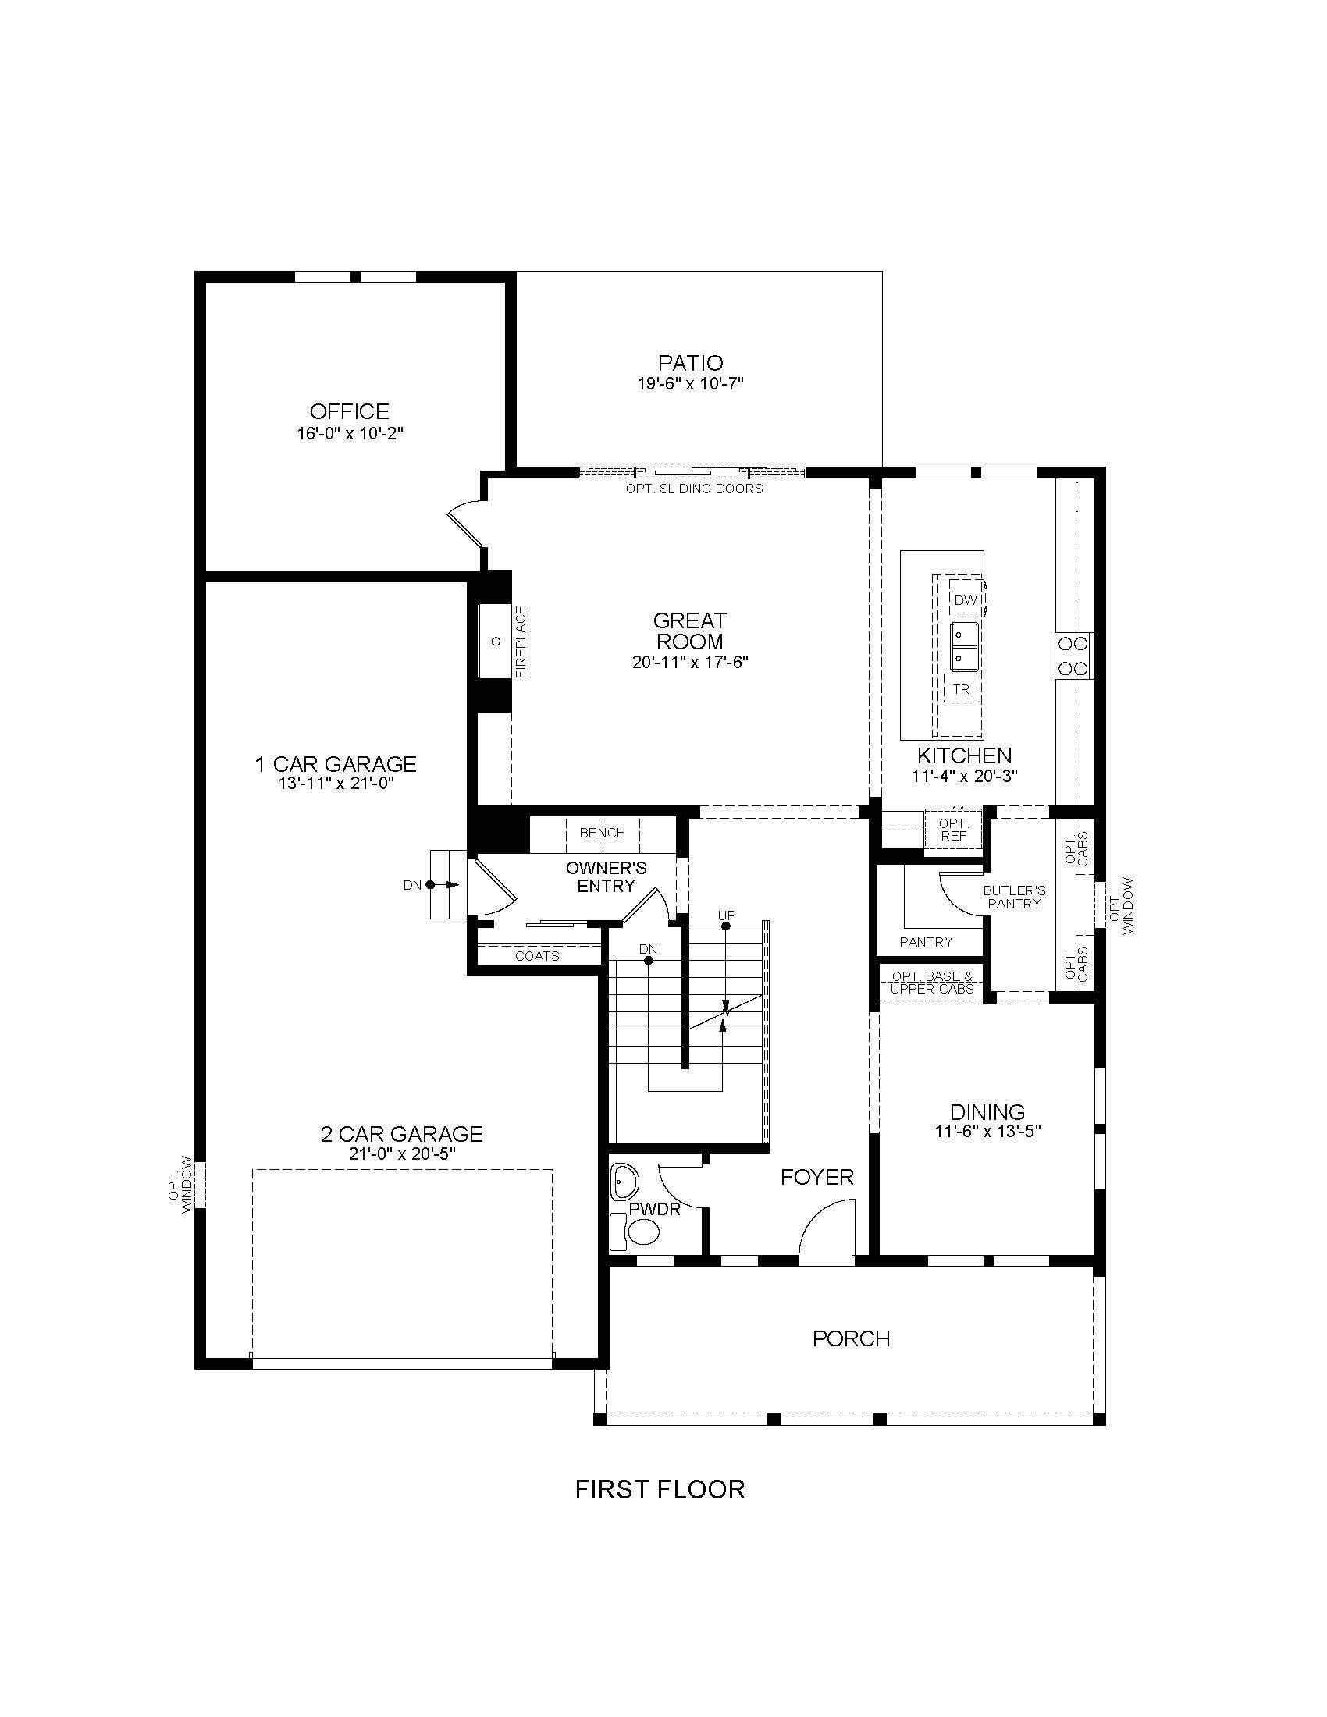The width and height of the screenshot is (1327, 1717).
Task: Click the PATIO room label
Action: pyautogui.click(x=690, y=363)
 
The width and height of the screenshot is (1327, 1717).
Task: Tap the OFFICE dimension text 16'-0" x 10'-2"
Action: pyautogui.click(x=350, y=433)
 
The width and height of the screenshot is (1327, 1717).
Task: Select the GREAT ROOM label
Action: pyautogui.click(x=689, y=631)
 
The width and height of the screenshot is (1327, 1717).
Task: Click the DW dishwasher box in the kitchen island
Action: pyautogui.click(x=966, y=600)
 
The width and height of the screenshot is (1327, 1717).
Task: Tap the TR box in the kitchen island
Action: pyautogui.click(x=961, y=689)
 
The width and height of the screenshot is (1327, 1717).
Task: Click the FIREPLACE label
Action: pyautogui.click(x=521, y=642)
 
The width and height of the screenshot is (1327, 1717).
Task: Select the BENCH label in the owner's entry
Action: pyautogui.click(x=602, y=833)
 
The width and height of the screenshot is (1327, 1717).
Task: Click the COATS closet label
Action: pyautogui.click(x=537, y=956)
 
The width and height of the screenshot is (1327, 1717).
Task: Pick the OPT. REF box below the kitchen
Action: pyautogui.click(x=953, y=830)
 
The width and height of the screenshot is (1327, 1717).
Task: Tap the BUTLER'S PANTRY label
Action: pyautogui.click(x=1014, y=897)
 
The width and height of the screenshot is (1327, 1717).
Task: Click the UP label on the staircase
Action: pyautogui.click(x=727, y=916)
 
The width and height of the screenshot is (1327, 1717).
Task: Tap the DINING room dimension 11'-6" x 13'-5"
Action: pyautogui.click(x=988, y=1132)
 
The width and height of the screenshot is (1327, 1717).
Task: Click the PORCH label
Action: pyautogui.click(x=852, y=1338)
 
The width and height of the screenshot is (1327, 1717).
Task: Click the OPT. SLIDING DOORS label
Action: pyautogui.click(x=694, y=489)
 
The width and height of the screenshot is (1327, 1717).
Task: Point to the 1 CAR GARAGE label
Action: pyautogui.click(x=336, y=763)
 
